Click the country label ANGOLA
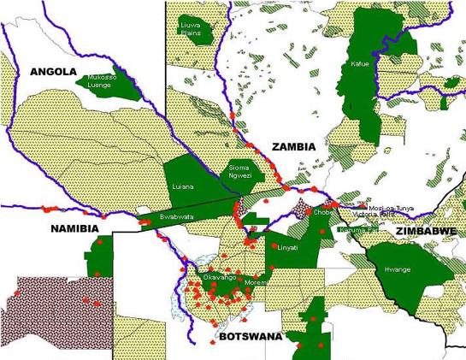coord(53,72)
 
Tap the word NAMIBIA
coord(75,229)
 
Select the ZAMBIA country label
coord(293,147)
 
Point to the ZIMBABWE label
coord(425,232)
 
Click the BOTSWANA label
coord(250,337)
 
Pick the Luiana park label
coord(182,186)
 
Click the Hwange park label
coord(398,269)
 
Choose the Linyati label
coord(287,247)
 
